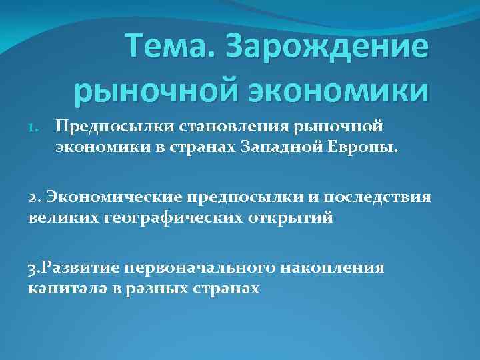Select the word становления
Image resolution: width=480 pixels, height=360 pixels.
[x=211, y=126]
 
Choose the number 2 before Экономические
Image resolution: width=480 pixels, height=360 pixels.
[x=33, y=197]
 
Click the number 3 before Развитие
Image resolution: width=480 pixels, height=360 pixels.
[x=33, y=269]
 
